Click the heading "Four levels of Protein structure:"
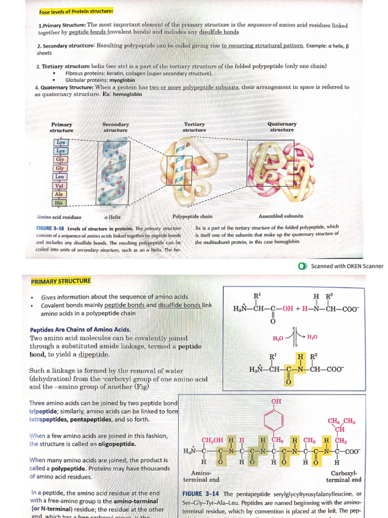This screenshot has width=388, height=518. (76, 11)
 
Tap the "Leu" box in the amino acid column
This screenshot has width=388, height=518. (60, 177)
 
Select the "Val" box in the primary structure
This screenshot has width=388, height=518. (60, 185)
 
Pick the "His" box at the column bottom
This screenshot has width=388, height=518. (60, 202)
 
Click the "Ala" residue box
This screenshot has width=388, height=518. (60, 194)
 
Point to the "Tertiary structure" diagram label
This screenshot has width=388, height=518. (194, 127)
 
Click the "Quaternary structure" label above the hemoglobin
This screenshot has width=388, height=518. (282, 126)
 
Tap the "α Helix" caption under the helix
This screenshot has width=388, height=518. (112, 217)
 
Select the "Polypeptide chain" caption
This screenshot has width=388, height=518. (192, 217)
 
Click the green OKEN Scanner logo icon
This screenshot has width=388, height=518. (303, 266)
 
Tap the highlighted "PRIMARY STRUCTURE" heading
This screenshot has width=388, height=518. (61, 281)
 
